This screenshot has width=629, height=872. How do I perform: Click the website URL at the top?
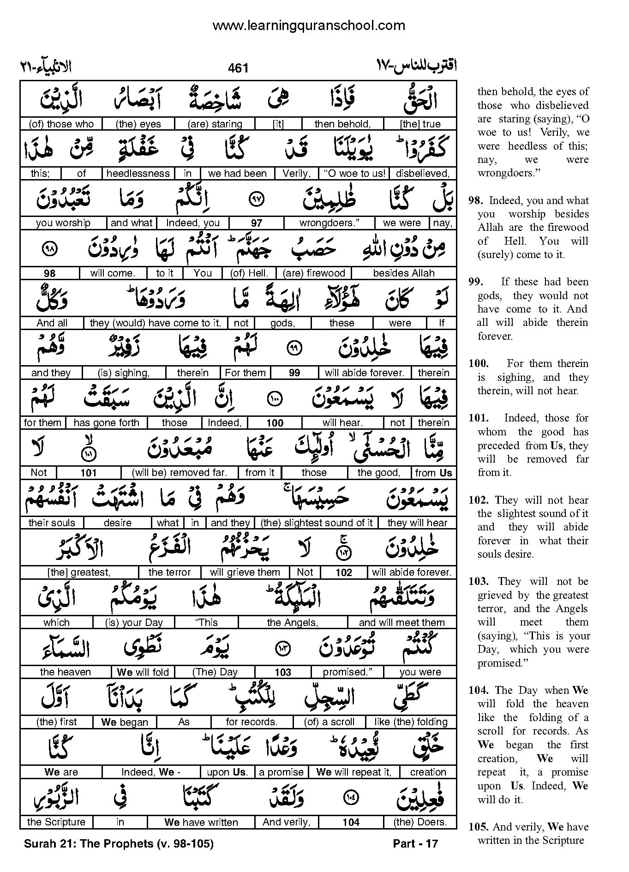pyautogui.click(x=308, y=25)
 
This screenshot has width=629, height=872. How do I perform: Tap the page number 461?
pyautogui.click(x=238, y=68)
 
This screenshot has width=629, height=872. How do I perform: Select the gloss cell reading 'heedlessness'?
pyautogui.click(x=138, y=174)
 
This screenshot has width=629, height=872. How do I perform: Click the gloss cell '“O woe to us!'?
pyautogui.click(x=354, y=174)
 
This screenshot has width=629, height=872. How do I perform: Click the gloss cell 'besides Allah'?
pyautogui.click(x=404, y=273)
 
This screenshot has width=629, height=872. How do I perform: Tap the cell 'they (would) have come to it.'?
pyautogui.click(x=156, y=323)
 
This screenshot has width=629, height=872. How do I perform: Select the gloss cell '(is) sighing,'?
pyautogui.click(x=124, y=373)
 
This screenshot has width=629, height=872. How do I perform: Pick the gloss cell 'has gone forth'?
pyautogui.click(x=106, y=422)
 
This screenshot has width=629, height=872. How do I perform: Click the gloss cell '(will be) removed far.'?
pyautogui.click(x=180, y=472)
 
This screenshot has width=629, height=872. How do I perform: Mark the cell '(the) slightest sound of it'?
pyautogui.click(x=317, y=523)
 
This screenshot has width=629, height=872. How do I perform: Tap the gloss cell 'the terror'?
pyautogui.click(x=169, y=572)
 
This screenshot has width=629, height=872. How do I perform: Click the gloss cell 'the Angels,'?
pyautogui.click(x=293, y=622)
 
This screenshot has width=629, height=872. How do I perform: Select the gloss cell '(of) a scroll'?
pyautogui.click(x=329, y=722)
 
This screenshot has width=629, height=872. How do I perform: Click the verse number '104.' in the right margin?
pyautogui.click(x=478, y=690)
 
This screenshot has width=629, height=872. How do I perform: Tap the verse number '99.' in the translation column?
pyautogui.click(x=476, y=282)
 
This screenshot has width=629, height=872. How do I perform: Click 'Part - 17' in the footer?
pyautogui.click(x=415, y=843)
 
